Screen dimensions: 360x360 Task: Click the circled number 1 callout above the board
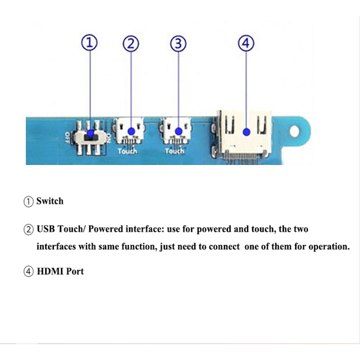89,43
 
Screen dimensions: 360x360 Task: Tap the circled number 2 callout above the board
131,44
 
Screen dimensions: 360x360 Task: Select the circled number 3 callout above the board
178,44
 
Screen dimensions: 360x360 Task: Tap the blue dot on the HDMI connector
247,131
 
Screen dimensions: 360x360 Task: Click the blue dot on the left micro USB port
131,131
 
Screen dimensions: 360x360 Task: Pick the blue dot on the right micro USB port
178,131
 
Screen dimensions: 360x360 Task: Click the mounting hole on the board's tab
295,131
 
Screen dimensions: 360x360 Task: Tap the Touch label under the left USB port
127,151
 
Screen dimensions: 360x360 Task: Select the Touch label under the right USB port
175,151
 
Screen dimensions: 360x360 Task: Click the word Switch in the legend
50,201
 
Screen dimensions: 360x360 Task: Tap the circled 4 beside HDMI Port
28,272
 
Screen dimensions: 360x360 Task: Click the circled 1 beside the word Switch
28,202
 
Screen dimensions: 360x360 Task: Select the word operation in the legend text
329,247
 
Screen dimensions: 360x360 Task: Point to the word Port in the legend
75,271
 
